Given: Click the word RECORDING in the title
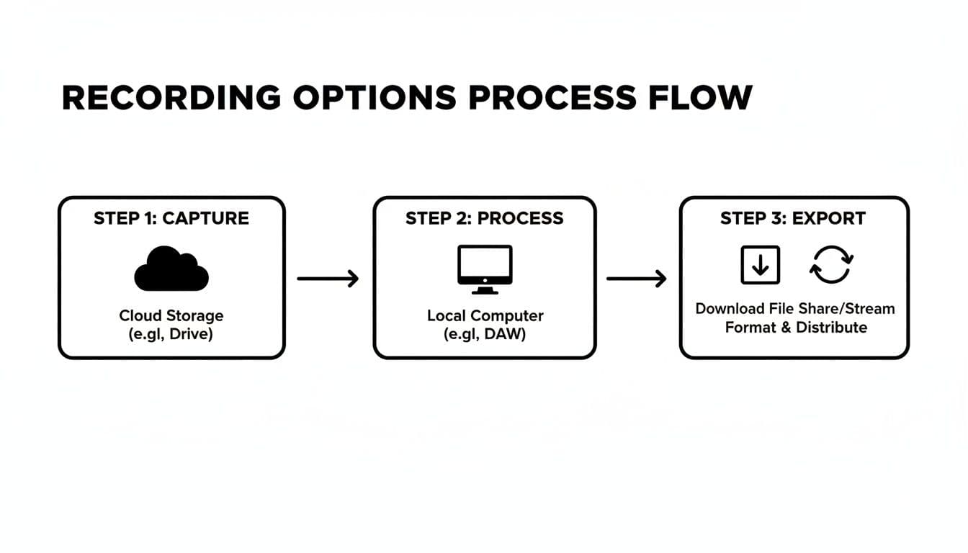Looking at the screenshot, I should (171, 97).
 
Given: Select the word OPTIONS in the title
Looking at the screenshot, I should (375, 97).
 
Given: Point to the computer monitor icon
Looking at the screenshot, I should (485, 269).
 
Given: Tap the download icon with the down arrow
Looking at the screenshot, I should (761, 264).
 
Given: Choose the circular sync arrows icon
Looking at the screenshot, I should (831, 264).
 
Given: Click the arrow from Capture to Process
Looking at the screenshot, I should (328, 279).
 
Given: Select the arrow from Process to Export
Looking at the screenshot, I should (636, 279).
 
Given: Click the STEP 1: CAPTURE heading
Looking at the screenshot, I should (171, 219).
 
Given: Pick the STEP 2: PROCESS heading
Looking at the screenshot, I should (485, 219).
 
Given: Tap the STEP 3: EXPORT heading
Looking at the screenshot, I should (793, 219).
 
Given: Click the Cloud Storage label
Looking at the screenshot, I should (171, 315).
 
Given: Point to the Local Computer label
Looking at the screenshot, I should (485, 315).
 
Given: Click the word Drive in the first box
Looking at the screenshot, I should (190, 334).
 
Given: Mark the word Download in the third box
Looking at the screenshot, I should (730, 309).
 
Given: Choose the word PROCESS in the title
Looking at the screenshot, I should (552, 97).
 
